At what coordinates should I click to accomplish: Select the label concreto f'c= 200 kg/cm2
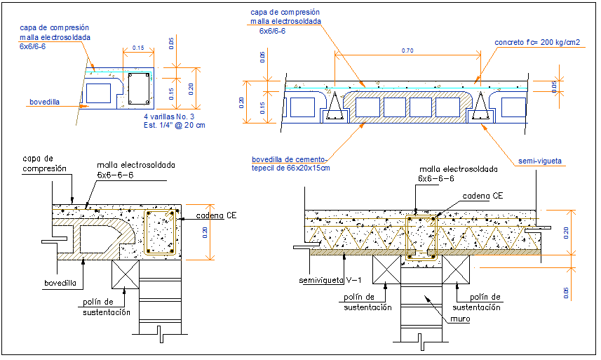(x=536, y=43)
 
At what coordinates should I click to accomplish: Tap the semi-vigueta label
(x=541, y=161)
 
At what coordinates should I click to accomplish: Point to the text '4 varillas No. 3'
(x=170, y=116)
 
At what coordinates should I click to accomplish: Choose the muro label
(x=459, y=319)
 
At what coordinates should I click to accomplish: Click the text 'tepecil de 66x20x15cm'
(x=290, y=168)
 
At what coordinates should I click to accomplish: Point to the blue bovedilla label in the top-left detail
(x=45, y=102)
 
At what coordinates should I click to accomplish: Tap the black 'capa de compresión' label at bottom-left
(x=45, y=164)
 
